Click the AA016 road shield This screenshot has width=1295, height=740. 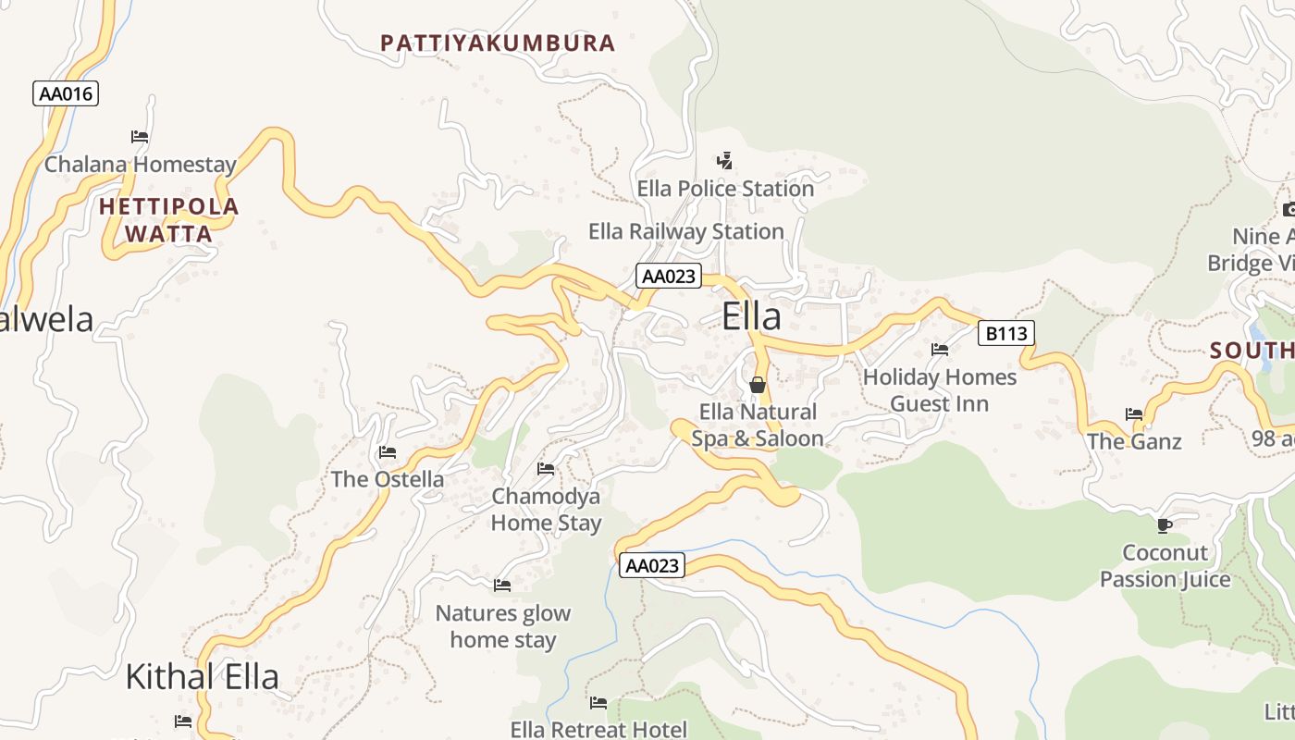(67, 93)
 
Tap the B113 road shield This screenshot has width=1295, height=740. (1005, 333)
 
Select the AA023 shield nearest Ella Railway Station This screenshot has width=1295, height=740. (669, 276)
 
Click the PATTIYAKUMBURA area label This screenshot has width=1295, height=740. (498, 43)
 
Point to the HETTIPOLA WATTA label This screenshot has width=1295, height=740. (169, 219)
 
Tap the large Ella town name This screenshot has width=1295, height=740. (751, 316)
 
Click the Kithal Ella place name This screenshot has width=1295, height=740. (202, 676)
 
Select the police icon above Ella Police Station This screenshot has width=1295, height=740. (725, 161)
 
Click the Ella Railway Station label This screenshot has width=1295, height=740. (686, 231)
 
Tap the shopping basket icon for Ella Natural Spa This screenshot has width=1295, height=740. (758, 385)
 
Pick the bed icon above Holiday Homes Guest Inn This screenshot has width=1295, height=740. (940, 350)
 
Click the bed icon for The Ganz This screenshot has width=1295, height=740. (1134, 414)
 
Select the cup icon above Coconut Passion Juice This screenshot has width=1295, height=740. (1165, 525)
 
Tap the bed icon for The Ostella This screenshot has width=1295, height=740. (388, 452)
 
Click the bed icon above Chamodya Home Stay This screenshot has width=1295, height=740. (546, 469)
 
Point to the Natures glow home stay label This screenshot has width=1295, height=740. (503, 626)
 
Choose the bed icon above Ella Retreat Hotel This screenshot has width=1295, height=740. (598, 703)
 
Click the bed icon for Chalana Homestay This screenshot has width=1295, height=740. (140, 137)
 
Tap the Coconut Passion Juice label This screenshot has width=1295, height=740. (1165, 566)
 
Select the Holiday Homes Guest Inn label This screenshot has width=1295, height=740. (940, 390)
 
